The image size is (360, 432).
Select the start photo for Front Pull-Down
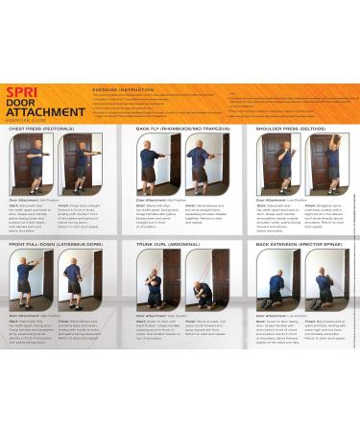click(32, 279)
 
